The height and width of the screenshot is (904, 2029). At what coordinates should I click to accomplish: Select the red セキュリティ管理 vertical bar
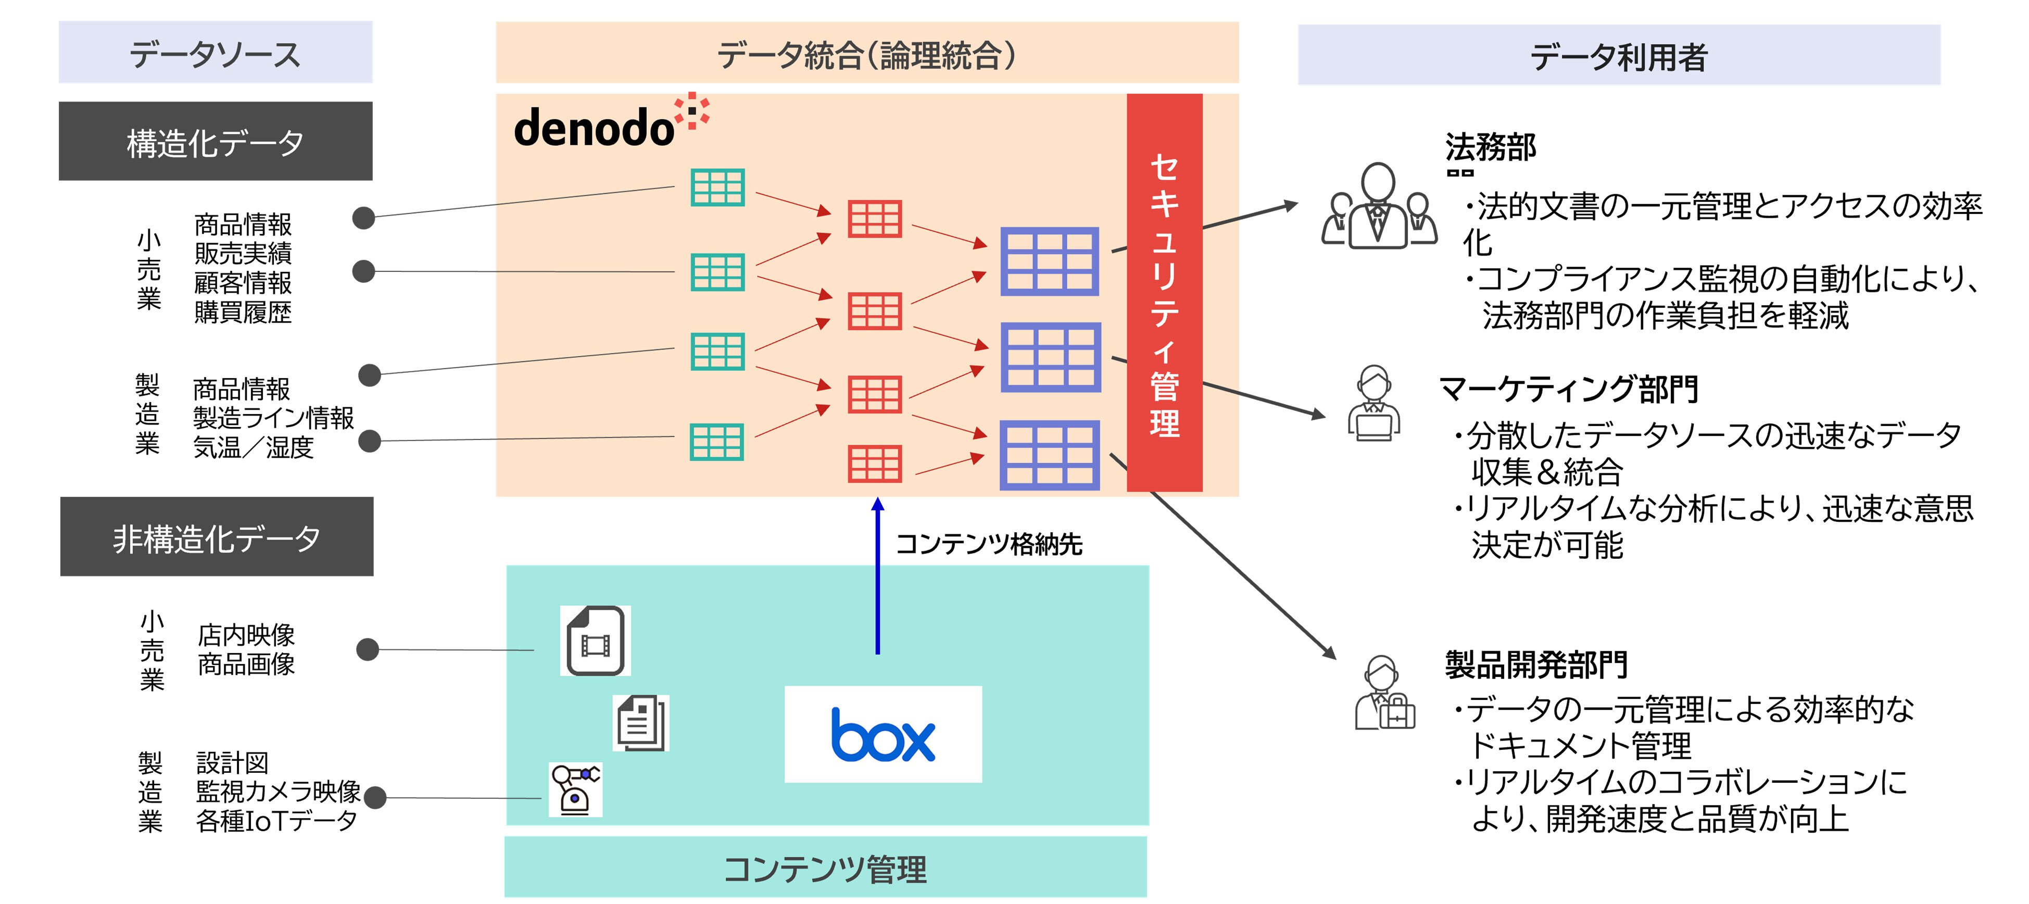coord(1164,292)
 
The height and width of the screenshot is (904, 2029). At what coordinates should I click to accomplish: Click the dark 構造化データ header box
coord(215,142)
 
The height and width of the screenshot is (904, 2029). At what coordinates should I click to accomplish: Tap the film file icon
coord(596,640)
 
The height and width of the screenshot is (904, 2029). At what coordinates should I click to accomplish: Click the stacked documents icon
coord(641,723)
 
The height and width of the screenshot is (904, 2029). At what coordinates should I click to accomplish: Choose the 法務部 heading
coord(1490,147)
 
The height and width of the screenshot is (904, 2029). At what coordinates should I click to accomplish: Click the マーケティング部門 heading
coord(1567,389)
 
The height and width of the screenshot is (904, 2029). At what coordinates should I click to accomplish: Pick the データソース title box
coord(215,53)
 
